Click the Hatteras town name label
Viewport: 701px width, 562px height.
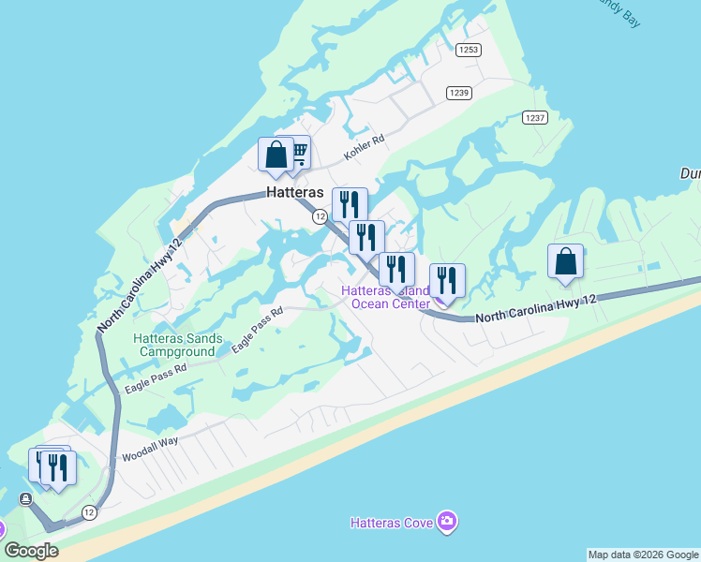pyautogui.click(x=295, y=193)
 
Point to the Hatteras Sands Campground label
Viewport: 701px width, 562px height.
pyautogui.click(x=178, y=345)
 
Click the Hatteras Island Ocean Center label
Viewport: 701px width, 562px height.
pyautogui.click(x=385, y=296)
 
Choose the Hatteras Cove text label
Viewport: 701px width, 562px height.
pyautogui.click(x=392, y=522)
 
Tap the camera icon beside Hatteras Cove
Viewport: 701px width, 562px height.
pyautogui.click(x=448, y=521)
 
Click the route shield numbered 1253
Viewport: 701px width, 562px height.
pyautogui.click(x=469, y=50)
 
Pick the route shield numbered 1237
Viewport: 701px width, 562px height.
pyautogui.click(x=534, y=117)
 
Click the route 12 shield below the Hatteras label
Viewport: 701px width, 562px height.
pyautogui.click(x=320, y=216)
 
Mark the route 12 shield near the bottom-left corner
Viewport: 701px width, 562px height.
pyautogui.click(x=89, y=511)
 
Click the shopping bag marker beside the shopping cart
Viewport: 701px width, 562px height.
pyautogui.click(x=276, y=155)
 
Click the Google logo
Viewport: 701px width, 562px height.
pyautogui.click(x=31, y=551)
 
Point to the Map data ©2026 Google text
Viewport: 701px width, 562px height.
pyautogui.click(x=643, y=555)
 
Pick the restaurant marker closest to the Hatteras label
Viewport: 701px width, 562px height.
pyautogui.click(x=350, y=204)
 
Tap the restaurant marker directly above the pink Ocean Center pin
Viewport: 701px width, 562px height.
pyautogui.click(x=447, y=280)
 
